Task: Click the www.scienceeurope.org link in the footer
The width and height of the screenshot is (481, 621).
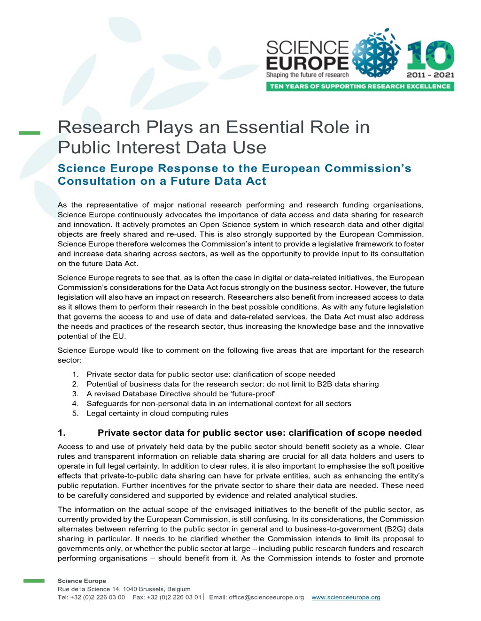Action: pos(346,597)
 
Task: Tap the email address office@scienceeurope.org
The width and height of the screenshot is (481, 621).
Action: pos(266,597)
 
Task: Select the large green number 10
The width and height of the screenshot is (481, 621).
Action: pos(430,56)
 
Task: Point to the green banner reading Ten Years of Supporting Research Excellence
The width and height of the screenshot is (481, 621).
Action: pos(360,86)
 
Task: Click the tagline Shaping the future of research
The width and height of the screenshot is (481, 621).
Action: pos(307,75)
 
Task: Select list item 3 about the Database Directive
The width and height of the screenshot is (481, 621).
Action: pos(181,394)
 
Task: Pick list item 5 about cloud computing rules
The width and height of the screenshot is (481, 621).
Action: pos(157,413)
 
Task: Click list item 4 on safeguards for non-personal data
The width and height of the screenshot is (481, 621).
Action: pos(219,403)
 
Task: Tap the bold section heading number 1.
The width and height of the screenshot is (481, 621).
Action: pos(62,432)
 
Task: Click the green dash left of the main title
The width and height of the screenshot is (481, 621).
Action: pos(30,133)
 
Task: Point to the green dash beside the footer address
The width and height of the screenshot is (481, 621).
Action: pos(34,581)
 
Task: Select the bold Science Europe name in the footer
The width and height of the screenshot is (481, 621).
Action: pos(82,581)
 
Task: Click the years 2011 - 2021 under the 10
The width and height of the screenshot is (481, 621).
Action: pos(430,75)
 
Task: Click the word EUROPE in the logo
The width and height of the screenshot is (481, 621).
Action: pos(307,62)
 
